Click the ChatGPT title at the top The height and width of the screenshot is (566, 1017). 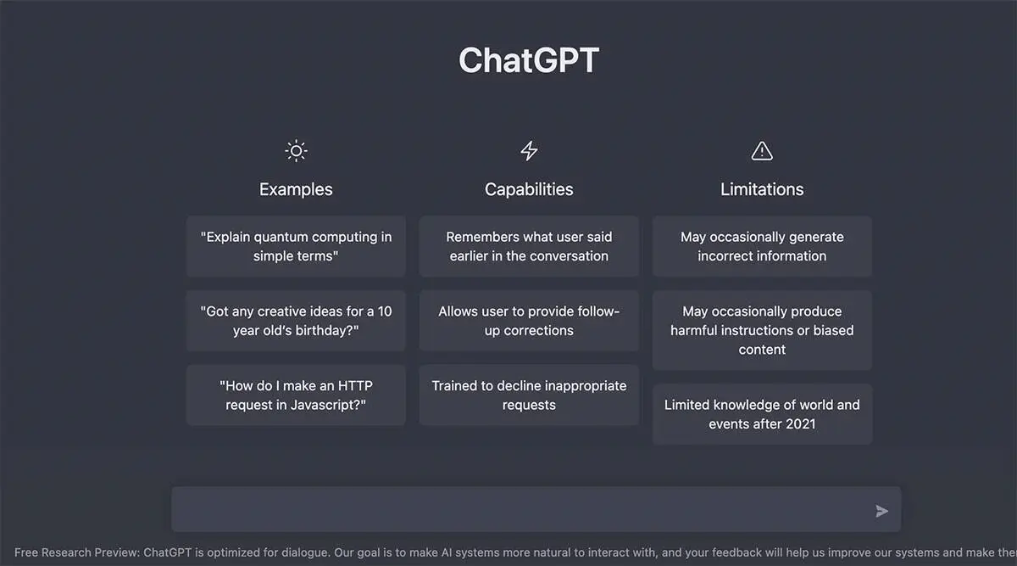pos(529,60)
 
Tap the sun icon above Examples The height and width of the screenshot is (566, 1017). pos(296,151)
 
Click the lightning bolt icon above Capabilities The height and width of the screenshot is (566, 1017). pos(529,151)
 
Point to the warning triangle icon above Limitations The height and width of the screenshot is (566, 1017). pos(762,151)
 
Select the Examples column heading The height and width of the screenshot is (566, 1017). pos(296,189)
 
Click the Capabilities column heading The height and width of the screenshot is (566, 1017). pos(529,189)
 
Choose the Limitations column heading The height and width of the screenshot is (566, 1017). pos(762,189)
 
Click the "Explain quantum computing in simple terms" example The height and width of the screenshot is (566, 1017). pos(296,246)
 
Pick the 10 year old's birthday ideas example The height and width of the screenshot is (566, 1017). pos(296,321)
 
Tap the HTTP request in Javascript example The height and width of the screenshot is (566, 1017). pos(296,395)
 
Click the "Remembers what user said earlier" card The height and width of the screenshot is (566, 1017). pos(529,246)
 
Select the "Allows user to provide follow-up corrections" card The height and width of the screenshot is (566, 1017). pos(529,321)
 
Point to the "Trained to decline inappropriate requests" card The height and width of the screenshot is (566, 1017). pos(529,395)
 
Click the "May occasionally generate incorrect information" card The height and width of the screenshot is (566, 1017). pos(762,246)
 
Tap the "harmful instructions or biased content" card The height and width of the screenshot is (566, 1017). pos(762,330)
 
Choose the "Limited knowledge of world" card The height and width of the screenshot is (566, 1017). pos(762,414)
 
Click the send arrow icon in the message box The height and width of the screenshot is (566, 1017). pos(882,511)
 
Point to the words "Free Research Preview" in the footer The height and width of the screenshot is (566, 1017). pos(76,552)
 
